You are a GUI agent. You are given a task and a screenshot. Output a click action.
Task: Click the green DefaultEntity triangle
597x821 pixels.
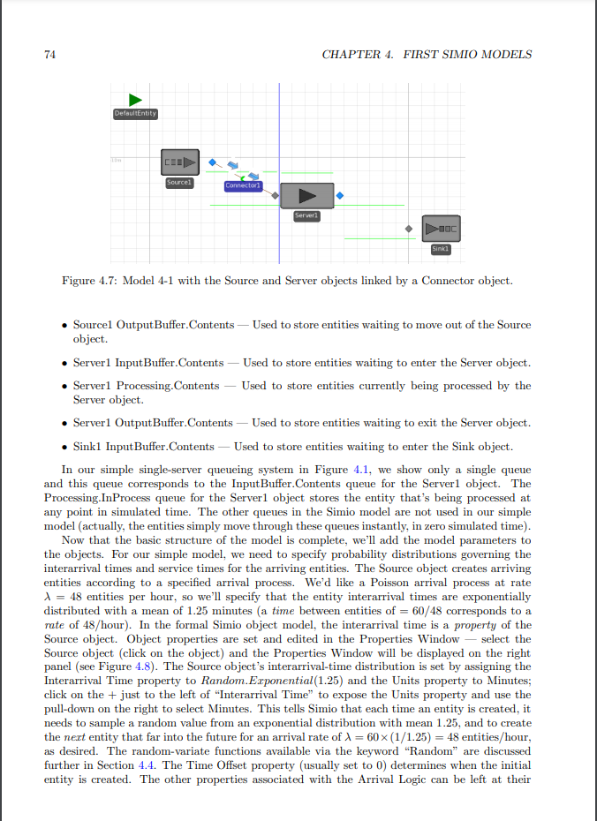[x=135, y=100]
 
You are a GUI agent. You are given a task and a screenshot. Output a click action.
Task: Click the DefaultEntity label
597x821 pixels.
[x=135, y=114]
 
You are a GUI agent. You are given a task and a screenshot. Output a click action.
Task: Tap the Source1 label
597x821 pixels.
[x=178, y=181]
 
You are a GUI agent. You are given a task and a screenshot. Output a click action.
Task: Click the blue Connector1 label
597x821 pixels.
[x=241, y=185]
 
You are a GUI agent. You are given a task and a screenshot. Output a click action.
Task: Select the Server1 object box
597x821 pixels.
[x=306, y=195]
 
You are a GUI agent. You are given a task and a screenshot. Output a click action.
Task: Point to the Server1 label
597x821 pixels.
[x=306, y=215]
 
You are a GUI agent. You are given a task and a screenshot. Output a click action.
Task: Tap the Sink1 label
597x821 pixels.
[x=442, y=249]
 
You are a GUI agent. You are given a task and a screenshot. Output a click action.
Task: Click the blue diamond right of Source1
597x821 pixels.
[x=212, y=162]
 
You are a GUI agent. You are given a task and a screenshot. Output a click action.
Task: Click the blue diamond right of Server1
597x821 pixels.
[x=340, y=195]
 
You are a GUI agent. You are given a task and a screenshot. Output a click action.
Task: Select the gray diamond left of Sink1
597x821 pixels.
[x=408, y=228]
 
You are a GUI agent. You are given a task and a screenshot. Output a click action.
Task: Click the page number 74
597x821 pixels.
[x=50, y=54]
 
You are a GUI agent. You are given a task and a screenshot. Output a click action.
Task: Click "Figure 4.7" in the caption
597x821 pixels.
[x=86, y=281]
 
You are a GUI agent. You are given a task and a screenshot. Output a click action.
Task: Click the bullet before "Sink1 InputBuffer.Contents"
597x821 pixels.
[x=65, y=446]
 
